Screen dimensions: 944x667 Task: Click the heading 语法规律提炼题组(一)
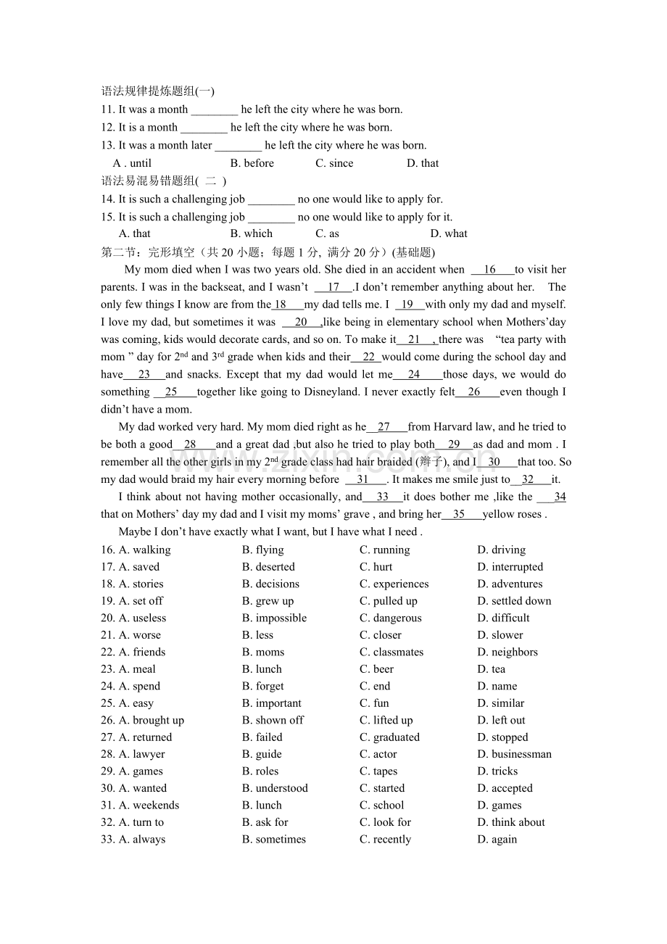coord(157,91)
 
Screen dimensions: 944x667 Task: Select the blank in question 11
coord(214,110)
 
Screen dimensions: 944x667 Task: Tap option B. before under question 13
coord(252,163)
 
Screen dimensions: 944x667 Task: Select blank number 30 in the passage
coord(495,462)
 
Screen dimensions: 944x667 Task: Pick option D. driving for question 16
coord(501,550)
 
